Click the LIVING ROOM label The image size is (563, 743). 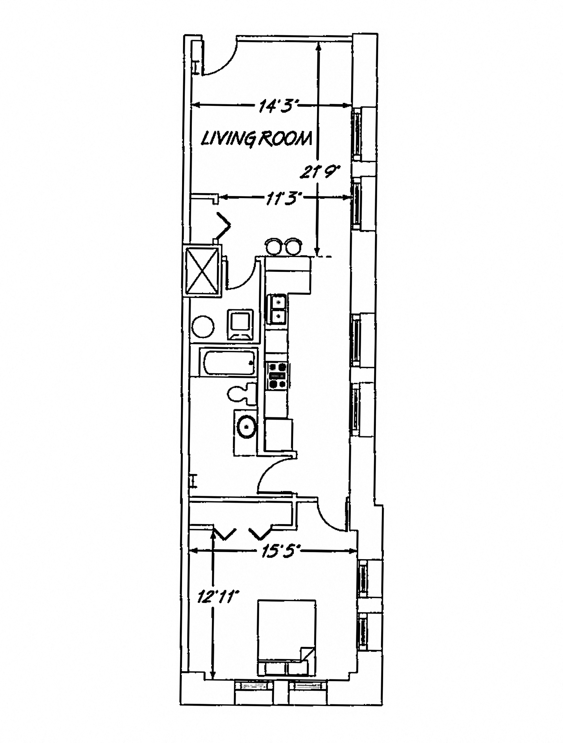(256, 138)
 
